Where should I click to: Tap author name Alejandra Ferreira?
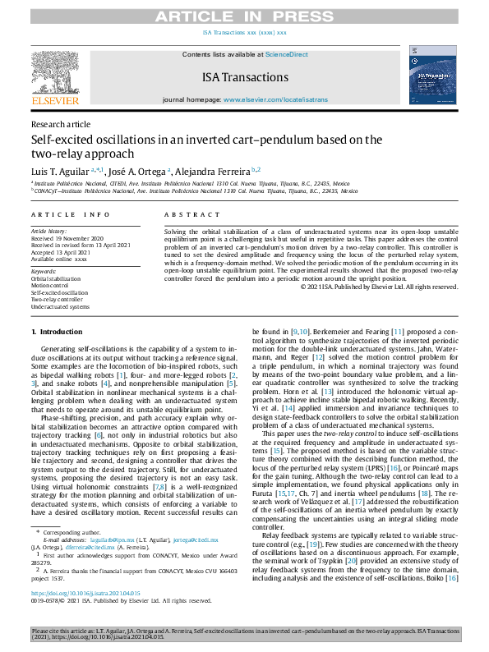[x=207, y=169]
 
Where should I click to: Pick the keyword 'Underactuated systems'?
[x=60, y=306]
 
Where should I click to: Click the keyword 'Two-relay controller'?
[x=58, y=299]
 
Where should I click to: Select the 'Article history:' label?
[x=48, y=232]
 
